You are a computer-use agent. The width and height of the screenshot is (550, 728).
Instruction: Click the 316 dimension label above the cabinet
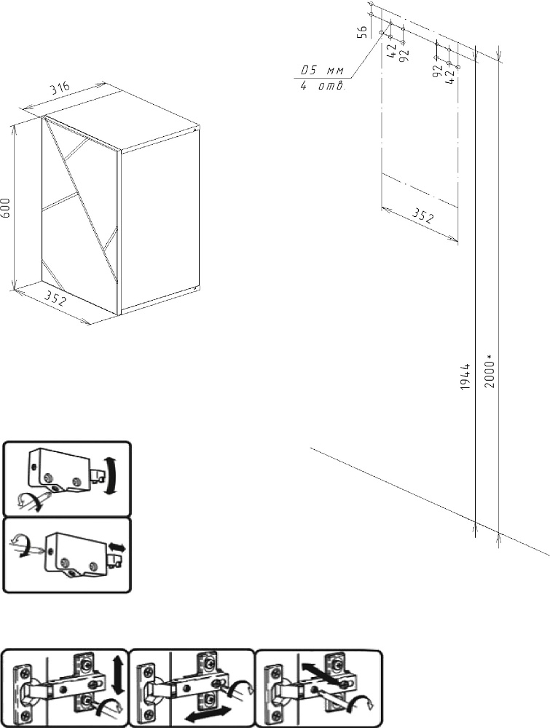pos(61,88)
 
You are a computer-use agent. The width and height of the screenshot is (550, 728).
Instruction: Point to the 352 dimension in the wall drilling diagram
pos(423,216)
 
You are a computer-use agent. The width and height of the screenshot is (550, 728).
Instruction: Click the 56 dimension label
pos(363,31)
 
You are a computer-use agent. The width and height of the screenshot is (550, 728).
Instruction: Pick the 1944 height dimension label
pos(465,376)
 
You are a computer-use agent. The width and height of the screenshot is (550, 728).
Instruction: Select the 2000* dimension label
pos(490,371)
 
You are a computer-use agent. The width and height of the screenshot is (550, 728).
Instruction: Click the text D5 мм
pos(322,71)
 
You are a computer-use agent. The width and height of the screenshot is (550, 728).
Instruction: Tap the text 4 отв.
pos(321,86)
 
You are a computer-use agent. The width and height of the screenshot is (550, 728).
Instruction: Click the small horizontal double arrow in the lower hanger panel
pos(117,548)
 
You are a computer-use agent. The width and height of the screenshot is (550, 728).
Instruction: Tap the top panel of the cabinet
pos(122,120)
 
